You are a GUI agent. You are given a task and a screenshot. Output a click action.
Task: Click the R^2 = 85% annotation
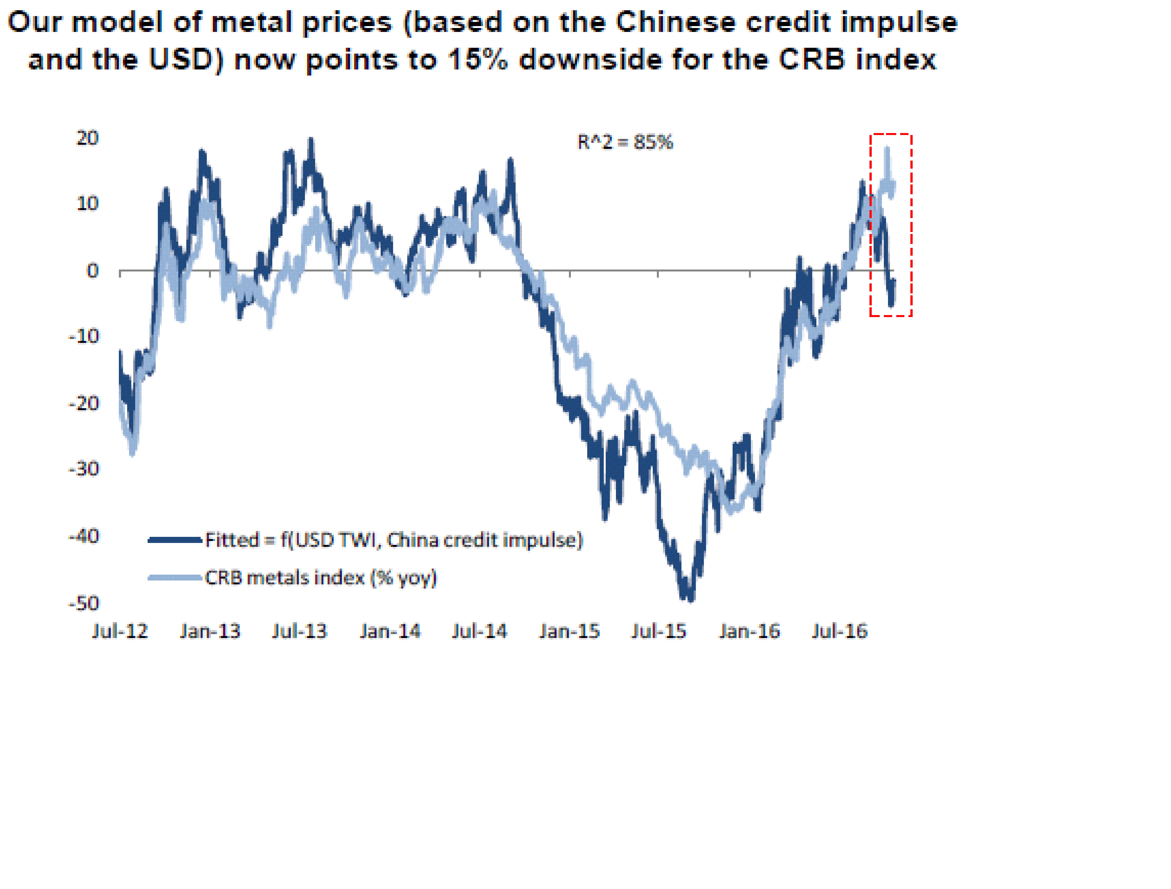625,142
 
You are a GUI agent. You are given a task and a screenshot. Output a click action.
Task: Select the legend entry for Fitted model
393,540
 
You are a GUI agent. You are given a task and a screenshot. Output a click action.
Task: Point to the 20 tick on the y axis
87,138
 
